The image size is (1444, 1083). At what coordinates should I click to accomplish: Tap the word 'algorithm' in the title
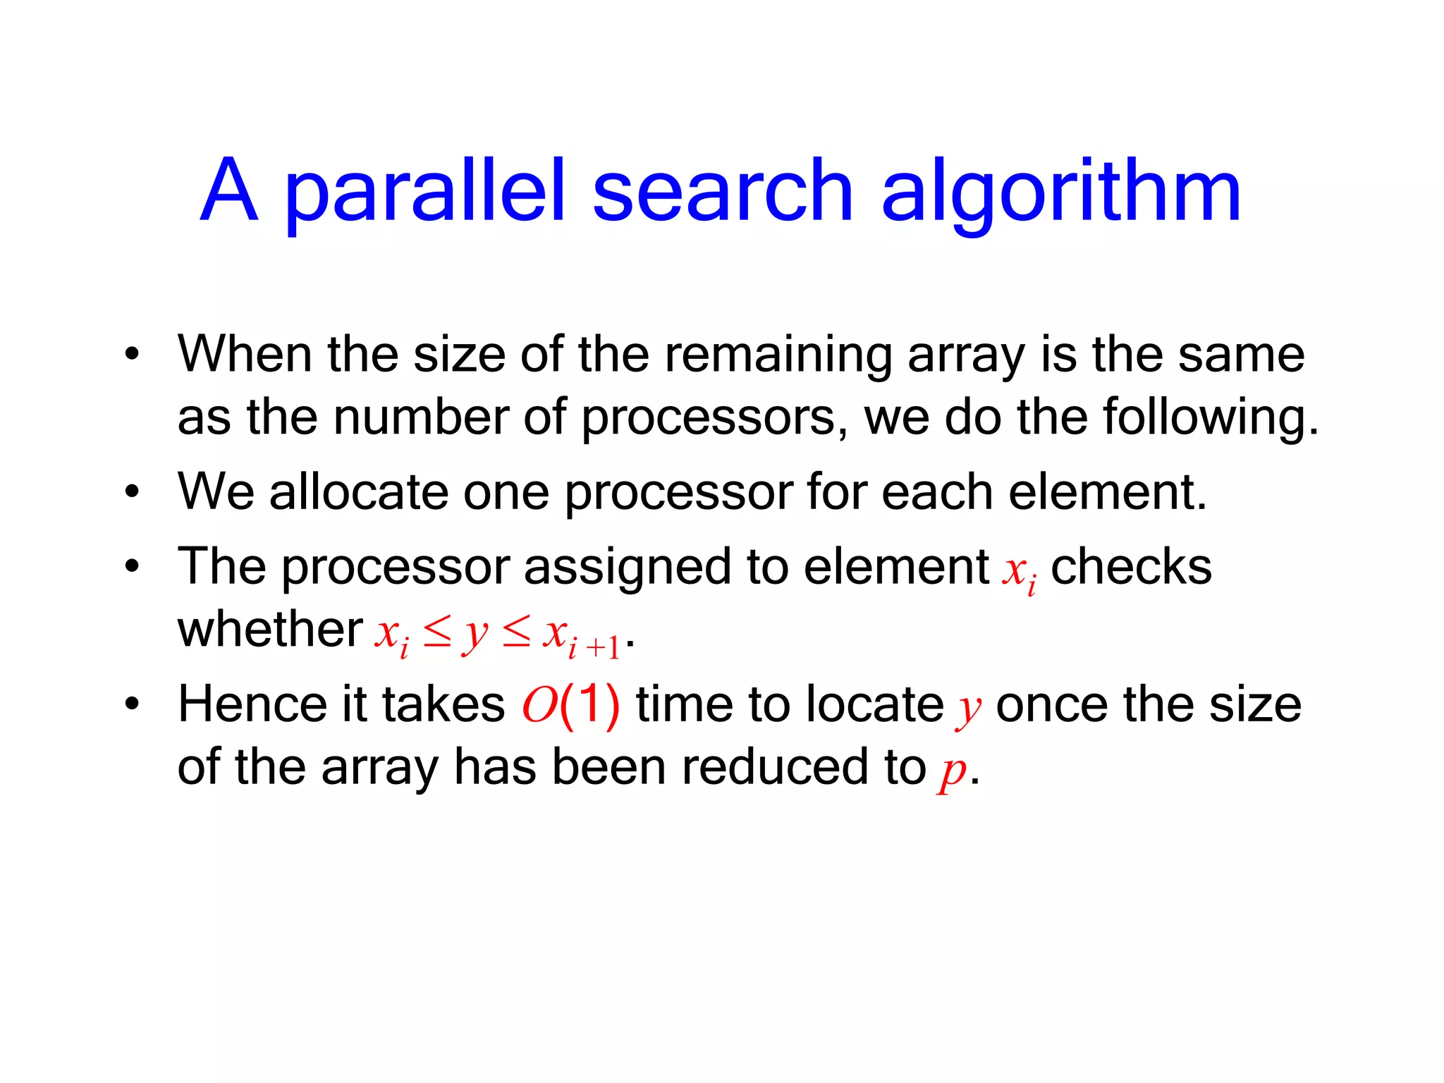point(1061,192)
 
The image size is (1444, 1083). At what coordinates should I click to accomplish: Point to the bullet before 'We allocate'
point(132,491)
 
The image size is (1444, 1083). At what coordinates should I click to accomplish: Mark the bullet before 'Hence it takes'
point(132,704)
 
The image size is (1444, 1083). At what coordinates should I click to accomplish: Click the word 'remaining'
point(778,355)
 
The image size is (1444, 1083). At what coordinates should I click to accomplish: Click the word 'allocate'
point(359,491)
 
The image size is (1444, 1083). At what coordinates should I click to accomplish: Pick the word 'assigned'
point(627,567)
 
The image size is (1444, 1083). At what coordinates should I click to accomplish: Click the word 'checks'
point(1131,566)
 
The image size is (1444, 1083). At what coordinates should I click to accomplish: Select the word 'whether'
point(270,629)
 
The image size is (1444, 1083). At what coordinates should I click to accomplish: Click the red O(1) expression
point(570,704)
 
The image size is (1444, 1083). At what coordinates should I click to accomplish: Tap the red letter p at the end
point(953,770)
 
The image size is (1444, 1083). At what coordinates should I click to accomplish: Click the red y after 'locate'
point(969,707)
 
